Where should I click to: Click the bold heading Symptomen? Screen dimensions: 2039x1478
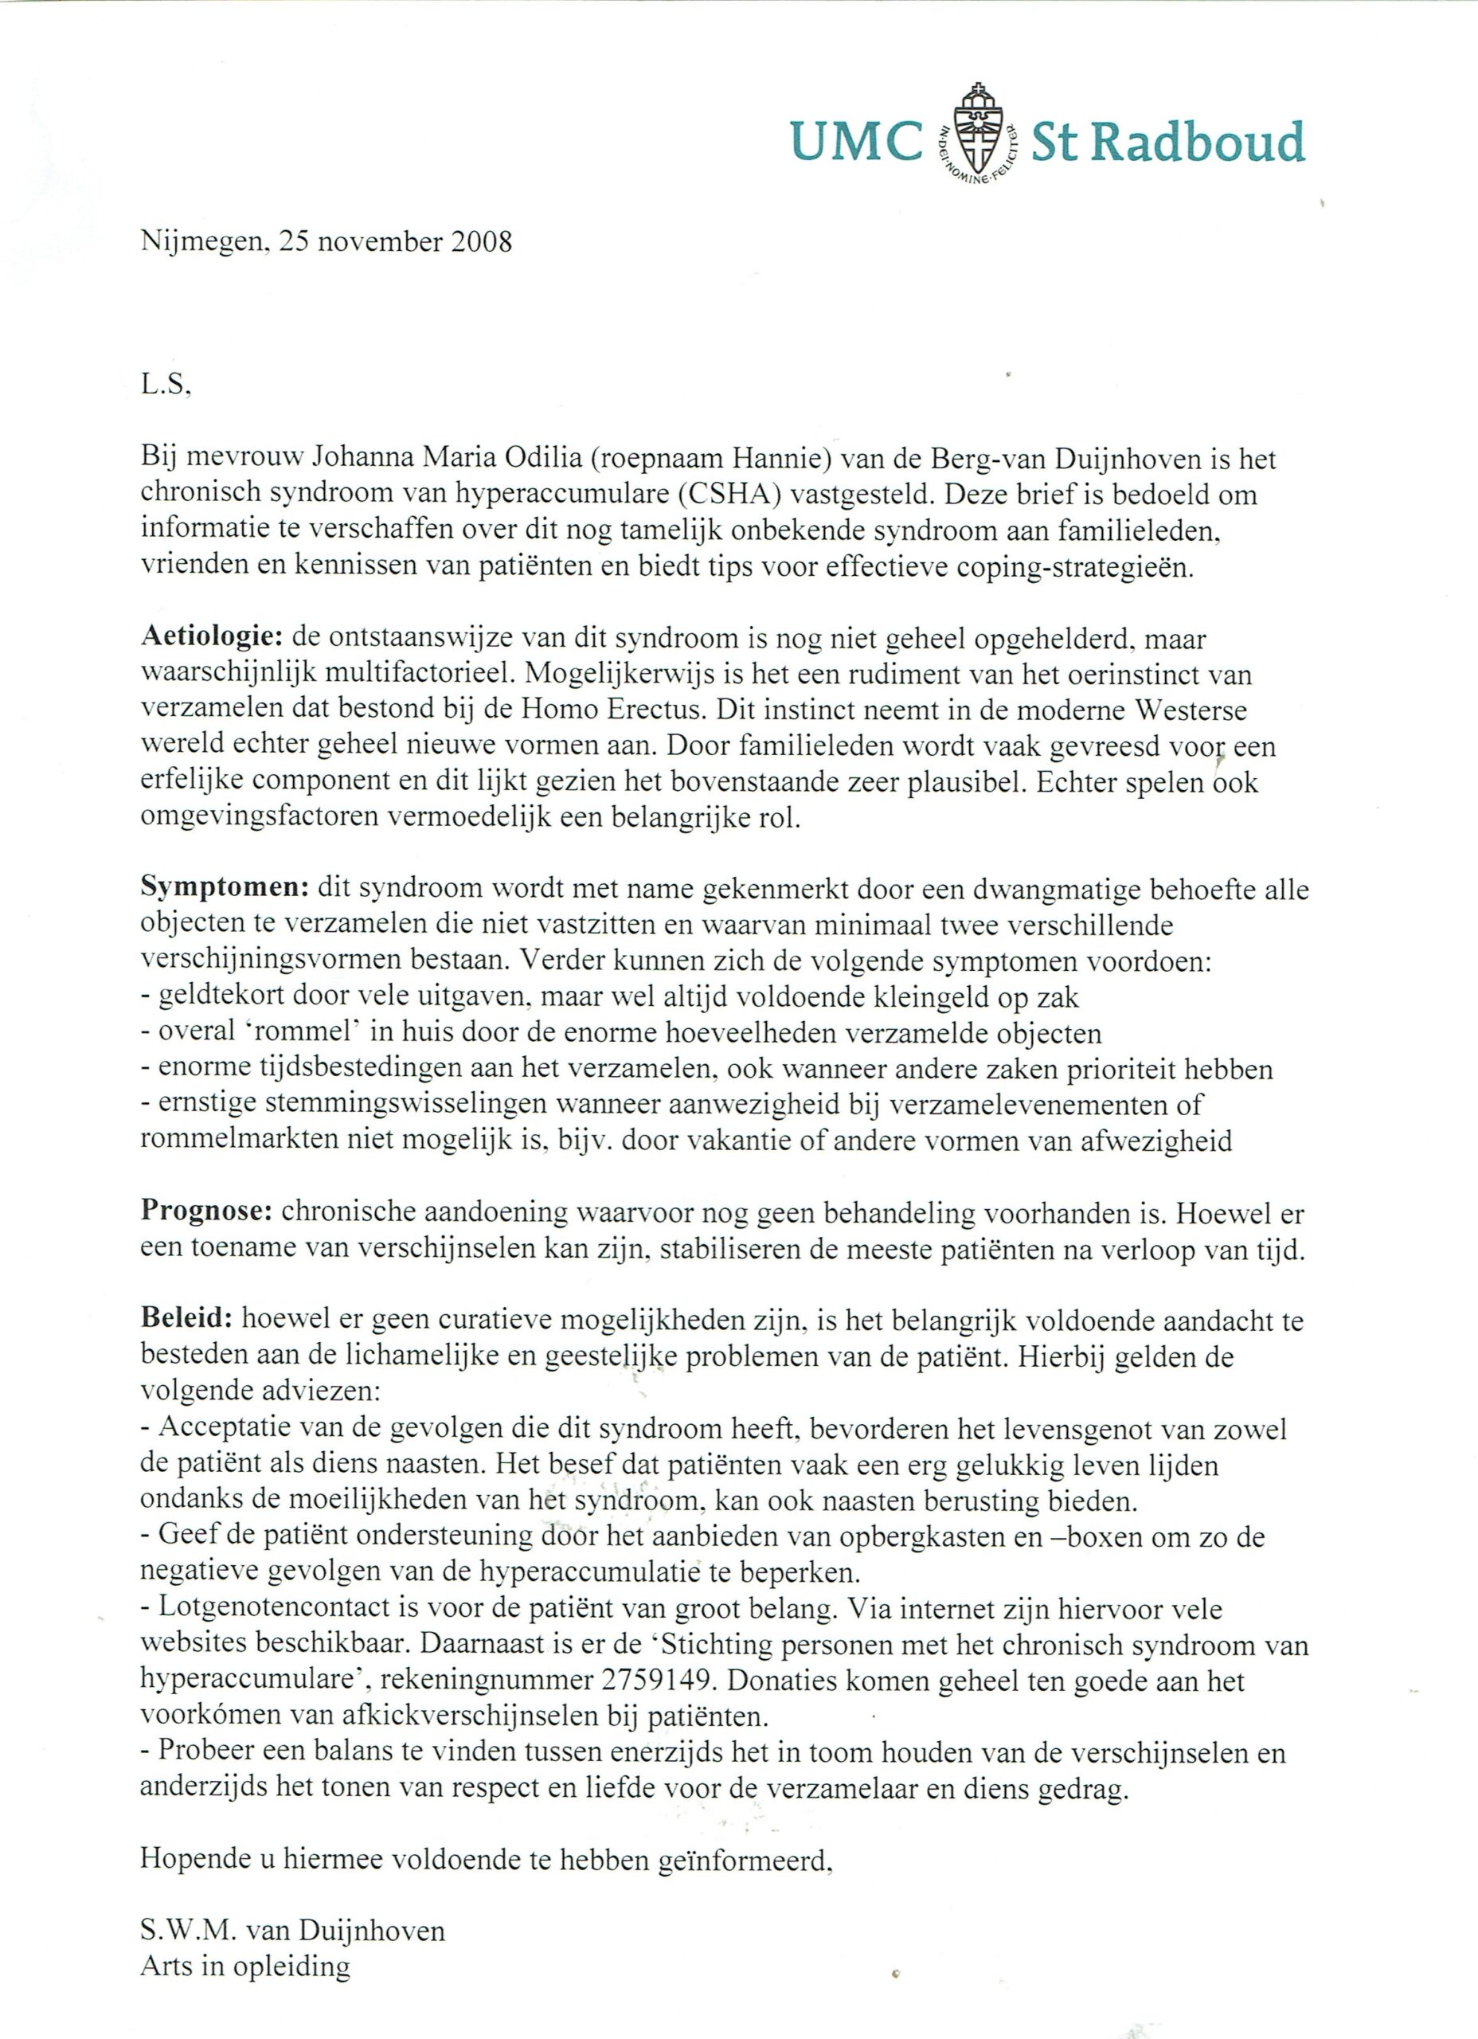(x=225, y=888)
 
